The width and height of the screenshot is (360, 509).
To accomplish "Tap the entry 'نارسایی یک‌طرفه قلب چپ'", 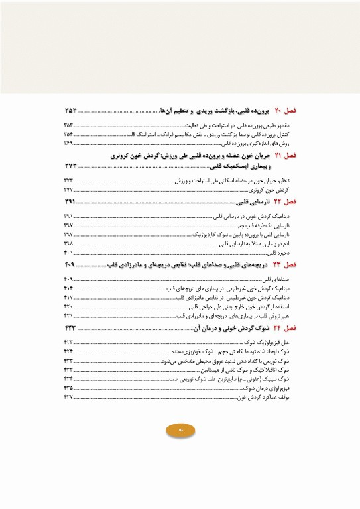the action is pos(265,225).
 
